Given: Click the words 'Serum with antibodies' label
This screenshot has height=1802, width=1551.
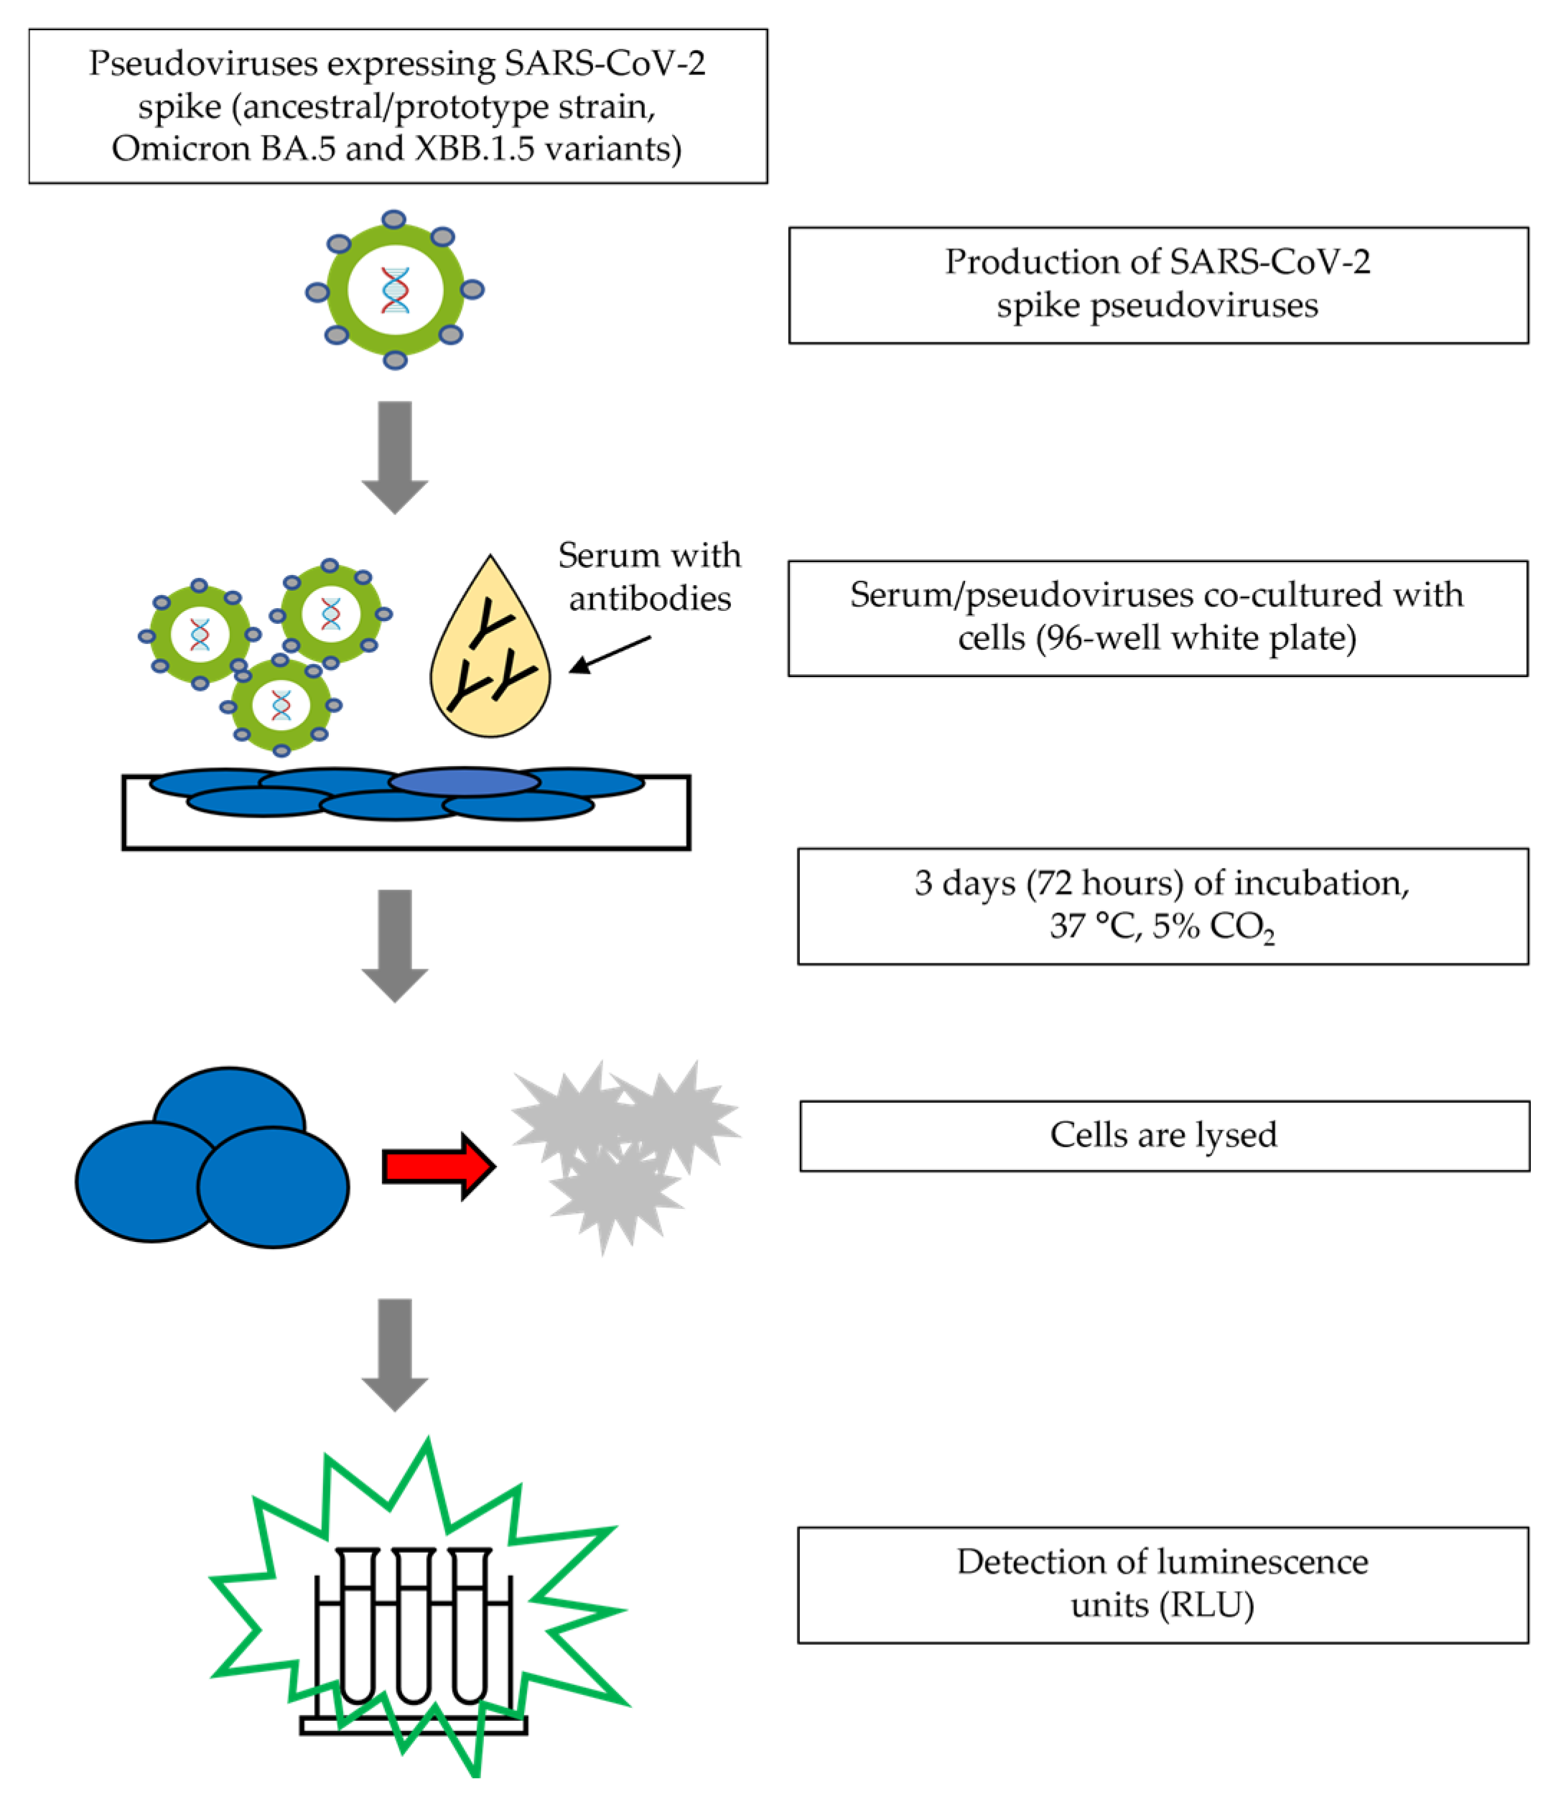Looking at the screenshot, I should tap(649, 576).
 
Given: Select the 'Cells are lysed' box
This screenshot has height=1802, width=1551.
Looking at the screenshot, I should tap(1163, 1136).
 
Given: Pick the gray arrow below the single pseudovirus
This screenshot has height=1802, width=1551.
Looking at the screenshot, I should tap(395, 456).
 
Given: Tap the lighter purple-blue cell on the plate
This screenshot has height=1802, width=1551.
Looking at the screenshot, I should tap(465, 782).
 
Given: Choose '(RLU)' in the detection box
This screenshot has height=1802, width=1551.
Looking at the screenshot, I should tap(1206, 1605).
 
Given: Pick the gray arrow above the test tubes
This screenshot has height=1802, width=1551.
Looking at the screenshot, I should tap(395, 1353).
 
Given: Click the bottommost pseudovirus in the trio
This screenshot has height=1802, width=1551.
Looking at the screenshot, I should tap(280, 705).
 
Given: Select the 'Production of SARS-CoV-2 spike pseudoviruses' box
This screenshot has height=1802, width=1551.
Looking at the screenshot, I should tap(1158, 285).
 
